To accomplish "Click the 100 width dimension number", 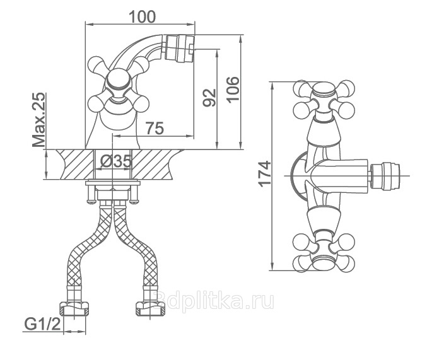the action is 142,17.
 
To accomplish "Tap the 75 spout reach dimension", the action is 155,128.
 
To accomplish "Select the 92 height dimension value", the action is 209,98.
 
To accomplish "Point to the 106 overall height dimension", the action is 233,90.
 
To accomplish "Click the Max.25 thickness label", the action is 38,120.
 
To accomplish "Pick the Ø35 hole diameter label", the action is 116,161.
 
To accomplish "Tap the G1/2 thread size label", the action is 43,324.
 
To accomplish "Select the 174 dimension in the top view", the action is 265,174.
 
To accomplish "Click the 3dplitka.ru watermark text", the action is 214,300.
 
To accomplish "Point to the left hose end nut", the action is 74,309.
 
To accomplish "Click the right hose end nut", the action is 150,309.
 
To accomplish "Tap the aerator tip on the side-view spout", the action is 180,48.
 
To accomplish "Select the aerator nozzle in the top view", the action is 384,176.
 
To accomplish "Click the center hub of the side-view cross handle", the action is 119,80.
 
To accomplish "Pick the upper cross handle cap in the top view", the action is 323,90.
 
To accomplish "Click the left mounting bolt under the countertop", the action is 91,194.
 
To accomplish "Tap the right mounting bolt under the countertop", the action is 134,194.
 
